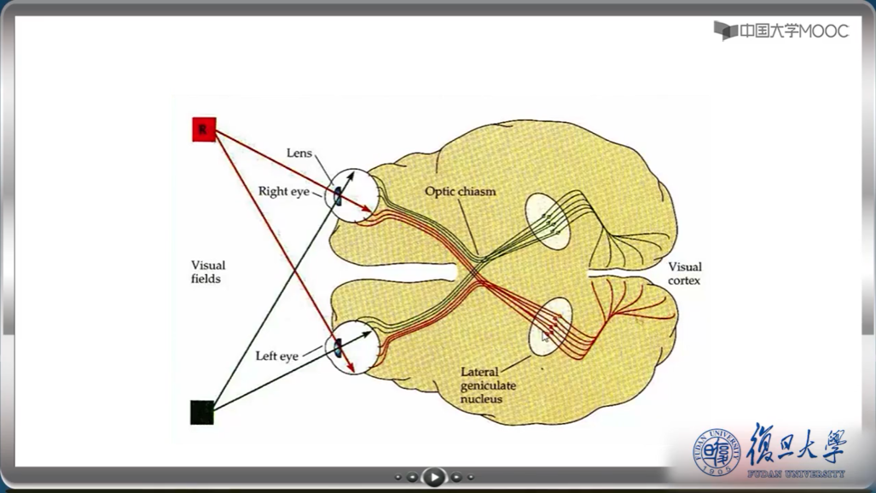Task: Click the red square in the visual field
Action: tap(204, 130)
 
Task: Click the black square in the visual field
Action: tap(202, 412)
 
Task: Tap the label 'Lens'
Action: tap(299, 154)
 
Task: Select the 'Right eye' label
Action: tap(283, 192)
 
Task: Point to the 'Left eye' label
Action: tap(276, 356)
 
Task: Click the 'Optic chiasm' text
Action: tap(460, 192)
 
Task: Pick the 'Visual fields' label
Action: tap(207, 272)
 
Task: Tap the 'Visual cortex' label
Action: tap(684, 273)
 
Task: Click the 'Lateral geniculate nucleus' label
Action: tap(488, 386)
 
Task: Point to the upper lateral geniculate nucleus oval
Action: tap(548, 221)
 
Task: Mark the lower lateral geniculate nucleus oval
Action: tap(550, 327)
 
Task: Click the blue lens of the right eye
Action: tap(337, 196)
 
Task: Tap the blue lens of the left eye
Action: tap(337, 348)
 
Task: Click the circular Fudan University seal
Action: tap(715, 451)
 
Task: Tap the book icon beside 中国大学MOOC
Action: tap(725, 32)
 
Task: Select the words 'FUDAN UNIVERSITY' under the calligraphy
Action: tap(796, 473)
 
